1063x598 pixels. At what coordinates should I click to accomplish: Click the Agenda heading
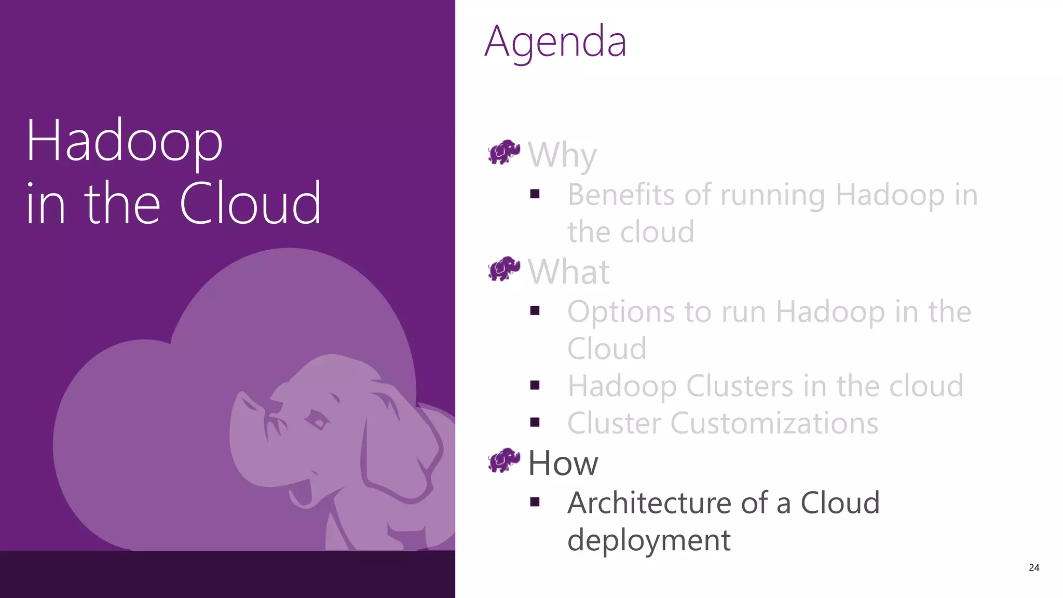pyautogui.click(x=555, y=42)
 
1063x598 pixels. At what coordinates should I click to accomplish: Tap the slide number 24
pyautogui.click(x=1033, y=568)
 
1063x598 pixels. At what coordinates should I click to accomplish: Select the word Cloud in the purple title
pyautogui.click(x=250, y=203)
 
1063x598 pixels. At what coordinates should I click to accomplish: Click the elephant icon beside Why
pyautogui.click(x=504, y=152)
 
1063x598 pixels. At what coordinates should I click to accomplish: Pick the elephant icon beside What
pyautogui.click(x=504, y=269)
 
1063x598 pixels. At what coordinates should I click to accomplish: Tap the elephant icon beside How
pyautogui.click(x=504, y=461)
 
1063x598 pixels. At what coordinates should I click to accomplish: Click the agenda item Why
pyautogui.click(x=562, y=155)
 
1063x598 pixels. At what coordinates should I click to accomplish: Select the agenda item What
pyautogui.click(x=568, y=271)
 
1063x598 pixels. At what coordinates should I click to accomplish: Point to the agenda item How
pyautogui.click(x=563, y=463)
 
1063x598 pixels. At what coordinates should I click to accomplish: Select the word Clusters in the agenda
pyautogui.click(x=740, y=386)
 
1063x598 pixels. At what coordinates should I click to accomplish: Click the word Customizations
pyautogui.click(x=774, y=423)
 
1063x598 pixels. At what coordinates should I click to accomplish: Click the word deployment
pyautogui.click(x=649, y=540)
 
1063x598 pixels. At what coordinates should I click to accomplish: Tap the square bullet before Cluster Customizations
pyautogui.click(x=535, y=422)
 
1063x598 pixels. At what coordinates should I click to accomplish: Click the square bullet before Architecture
pyautogui.click(x=535, y=502)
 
